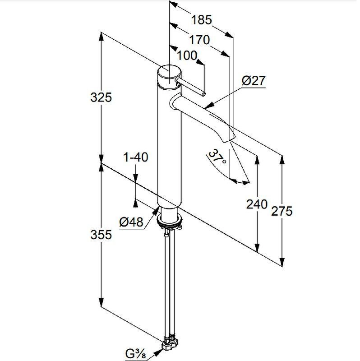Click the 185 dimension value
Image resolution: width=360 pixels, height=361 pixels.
(x=201, y=19)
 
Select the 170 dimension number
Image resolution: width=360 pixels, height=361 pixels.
(x=199, y=40)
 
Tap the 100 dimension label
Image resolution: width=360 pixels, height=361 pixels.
(x=187, y=56)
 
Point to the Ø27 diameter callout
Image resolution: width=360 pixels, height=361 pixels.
(x=253, y=81)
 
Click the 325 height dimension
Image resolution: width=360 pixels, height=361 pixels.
(x=101, y=97)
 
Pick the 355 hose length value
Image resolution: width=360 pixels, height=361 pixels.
(x=101, y=235)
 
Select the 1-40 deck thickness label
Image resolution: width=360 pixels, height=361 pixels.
(x=136, y=157)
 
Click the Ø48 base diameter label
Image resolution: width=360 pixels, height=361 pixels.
(x=131, y=222)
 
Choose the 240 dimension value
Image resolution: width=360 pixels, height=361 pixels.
(x=257, y=204)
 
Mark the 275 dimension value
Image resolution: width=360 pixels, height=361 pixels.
(x=282, y=211)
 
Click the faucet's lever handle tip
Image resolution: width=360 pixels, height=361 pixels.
(x=203, y=94)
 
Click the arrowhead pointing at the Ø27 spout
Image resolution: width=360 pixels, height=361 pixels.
(x=209, y=106)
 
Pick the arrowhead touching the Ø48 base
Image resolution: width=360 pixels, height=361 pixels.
(x=156, y=211)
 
